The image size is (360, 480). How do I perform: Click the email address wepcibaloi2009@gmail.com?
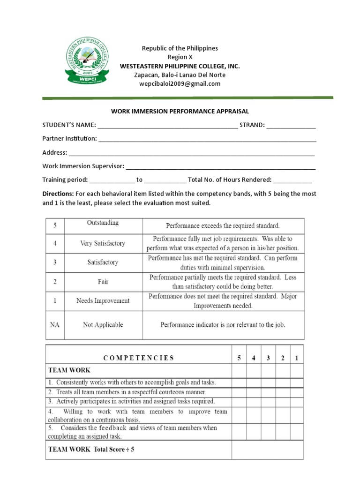point(180,84)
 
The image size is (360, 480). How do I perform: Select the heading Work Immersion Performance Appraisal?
point(180,112)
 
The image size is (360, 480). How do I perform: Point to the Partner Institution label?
point(69,139)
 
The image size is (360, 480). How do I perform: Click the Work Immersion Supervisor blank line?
point(221,166)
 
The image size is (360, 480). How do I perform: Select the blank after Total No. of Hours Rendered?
point(292,180)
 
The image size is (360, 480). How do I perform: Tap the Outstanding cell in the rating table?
point(103,224)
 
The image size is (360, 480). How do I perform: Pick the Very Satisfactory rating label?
point(103,243)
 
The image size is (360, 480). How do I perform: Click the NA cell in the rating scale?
point(55,324)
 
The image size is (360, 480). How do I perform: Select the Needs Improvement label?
point(103,301)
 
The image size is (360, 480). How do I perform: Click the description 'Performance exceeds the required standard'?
point(223,225)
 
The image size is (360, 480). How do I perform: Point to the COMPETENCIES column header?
point(138,358)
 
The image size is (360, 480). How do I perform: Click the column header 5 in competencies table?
point(239,358)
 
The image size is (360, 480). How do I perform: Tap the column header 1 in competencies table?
point(297,358)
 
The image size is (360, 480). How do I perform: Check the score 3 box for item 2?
point(268,392)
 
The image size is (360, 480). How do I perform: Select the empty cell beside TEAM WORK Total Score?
point(268,450)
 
